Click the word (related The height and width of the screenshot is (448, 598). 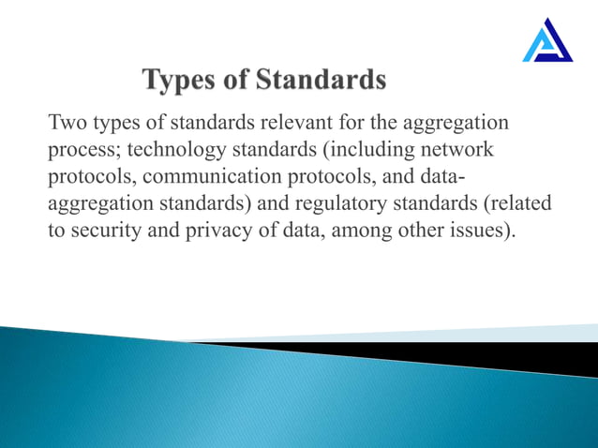coord(514,204)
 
